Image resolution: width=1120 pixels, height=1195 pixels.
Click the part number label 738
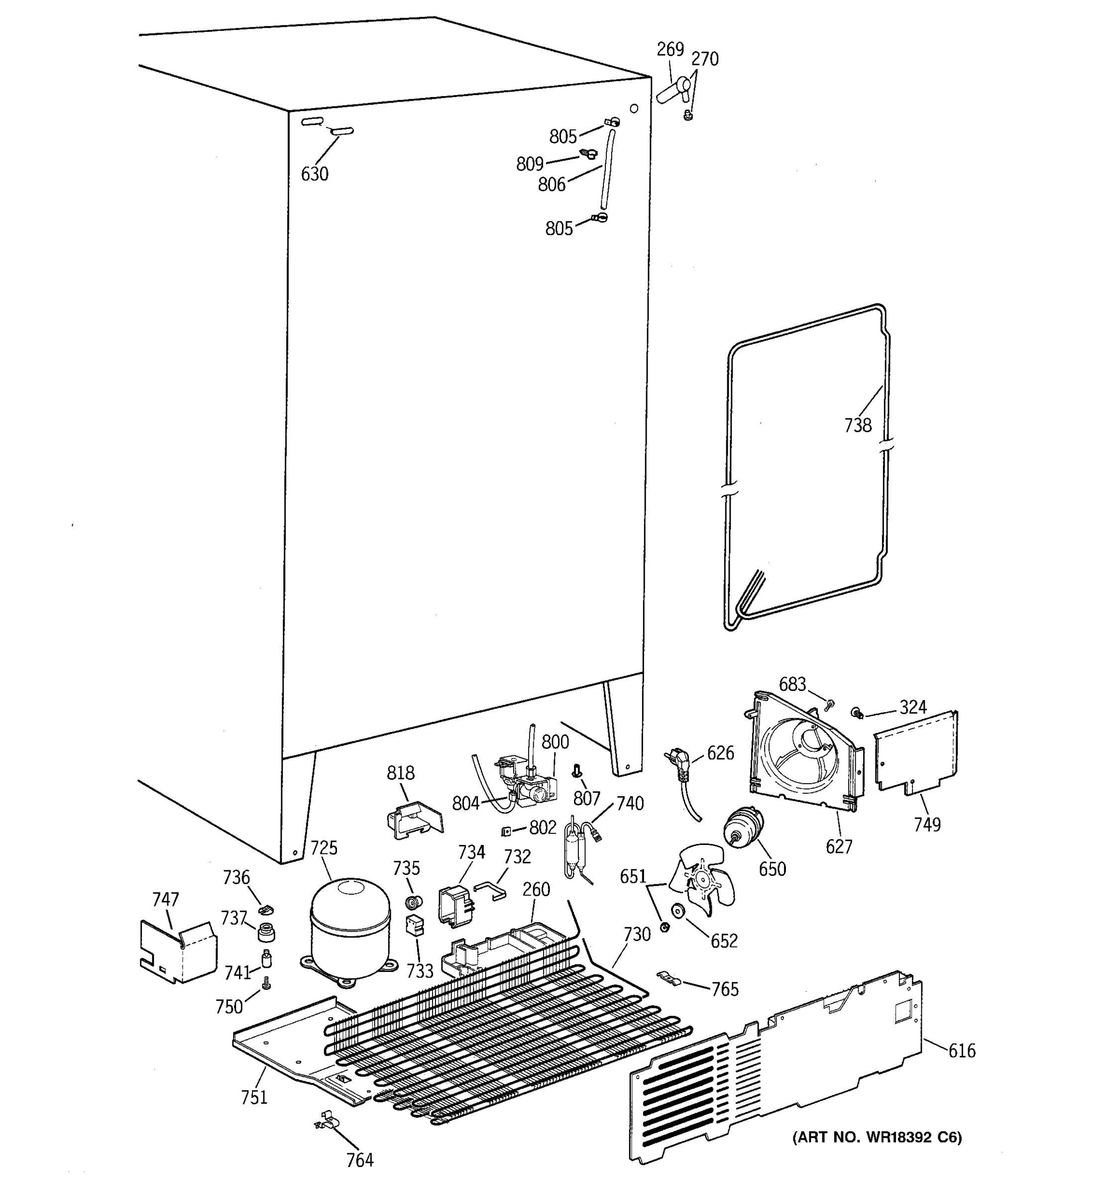click(858, 426)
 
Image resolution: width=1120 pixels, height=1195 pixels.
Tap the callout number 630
click(314, 174)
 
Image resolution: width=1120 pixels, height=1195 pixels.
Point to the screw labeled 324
click(858, 713)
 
